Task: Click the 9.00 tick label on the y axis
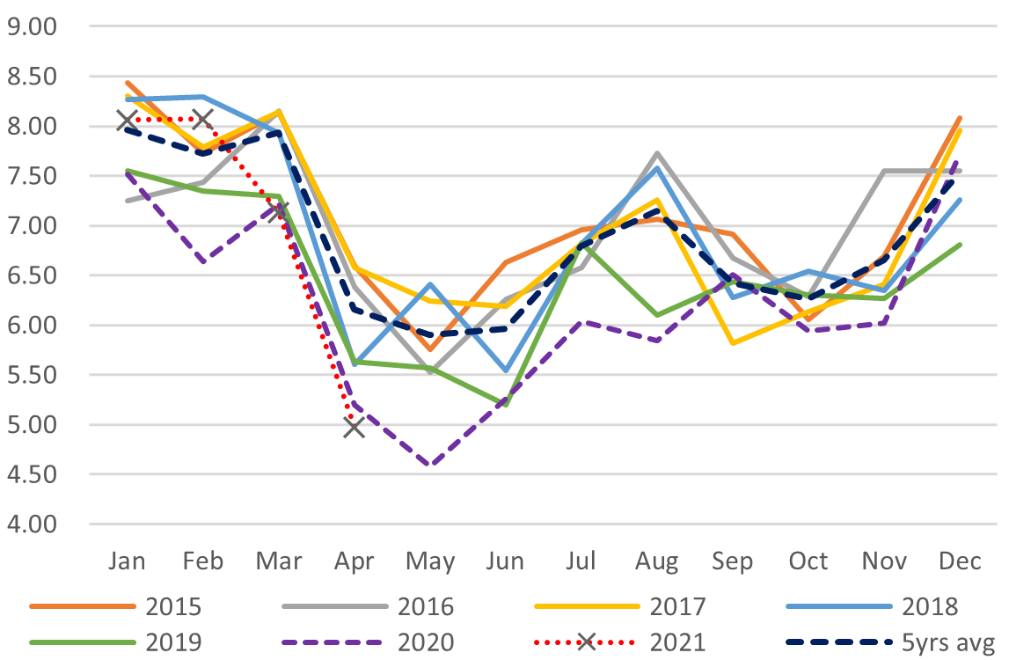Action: pos(31,26)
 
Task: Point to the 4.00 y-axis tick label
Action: pos(31,524)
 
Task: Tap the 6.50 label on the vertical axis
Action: pos(31,275)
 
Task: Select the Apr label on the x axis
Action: pos(355,561)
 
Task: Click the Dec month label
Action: pos(959,561)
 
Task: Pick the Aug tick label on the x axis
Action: pos(657,561)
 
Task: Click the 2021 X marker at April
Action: pos(355,428)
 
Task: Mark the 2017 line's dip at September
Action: pos(733,343)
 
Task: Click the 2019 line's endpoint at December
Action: pos(960,245)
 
